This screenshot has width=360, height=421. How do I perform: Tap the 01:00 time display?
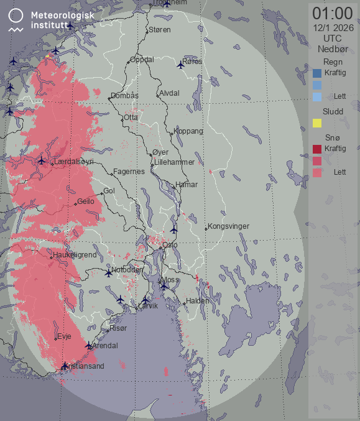click(333, 13)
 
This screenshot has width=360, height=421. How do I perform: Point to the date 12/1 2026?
click(333, 27)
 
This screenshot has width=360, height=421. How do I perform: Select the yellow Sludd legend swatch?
click(317, 123)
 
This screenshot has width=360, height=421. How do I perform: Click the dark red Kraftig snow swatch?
click(317, 149)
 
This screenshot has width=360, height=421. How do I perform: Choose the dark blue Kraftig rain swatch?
click(317, 73)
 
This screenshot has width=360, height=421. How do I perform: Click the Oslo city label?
click(170, 245)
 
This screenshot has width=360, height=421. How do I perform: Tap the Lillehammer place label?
click(175, 162)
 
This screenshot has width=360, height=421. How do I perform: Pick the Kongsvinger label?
click(228, 226)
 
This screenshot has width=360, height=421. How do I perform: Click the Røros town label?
click(193, 62)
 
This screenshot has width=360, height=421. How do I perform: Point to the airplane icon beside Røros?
click(181, 63)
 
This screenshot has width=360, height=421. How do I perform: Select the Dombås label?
click(124, 96)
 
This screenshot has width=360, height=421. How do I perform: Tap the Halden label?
click(198, 301)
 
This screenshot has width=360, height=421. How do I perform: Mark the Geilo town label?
click(86, 201)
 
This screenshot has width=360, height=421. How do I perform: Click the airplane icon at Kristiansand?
click(65, 365)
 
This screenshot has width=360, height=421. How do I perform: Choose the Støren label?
click(160, 29)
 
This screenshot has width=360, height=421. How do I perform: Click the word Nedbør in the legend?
click(333, 49)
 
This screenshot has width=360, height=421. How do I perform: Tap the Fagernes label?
click(129, 172)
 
